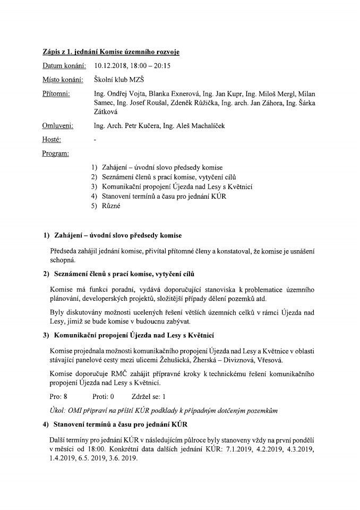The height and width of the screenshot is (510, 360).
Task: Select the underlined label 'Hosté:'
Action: (x=52, y=140)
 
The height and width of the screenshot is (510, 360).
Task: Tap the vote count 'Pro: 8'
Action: (x=58, y=396)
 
